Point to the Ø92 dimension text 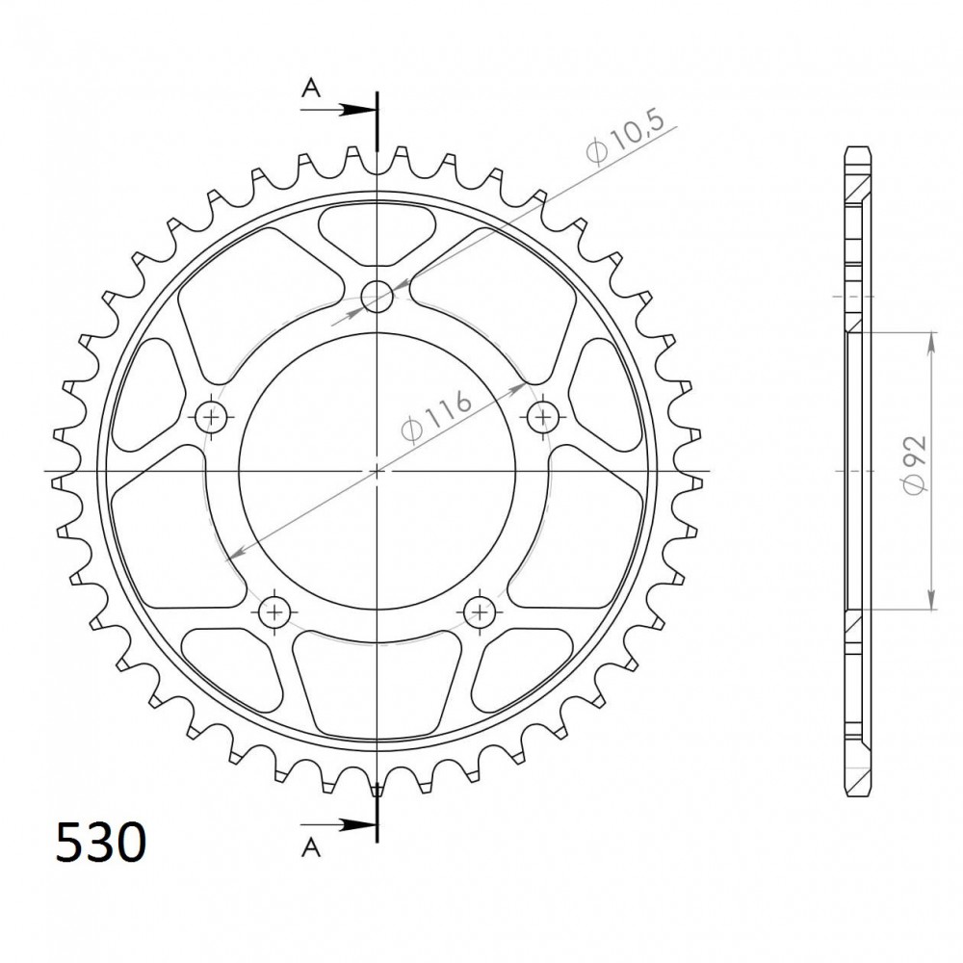click(x=914, y=464)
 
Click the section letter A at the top click(x=311, y=89)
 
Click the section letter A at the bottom click(x=311, y=847)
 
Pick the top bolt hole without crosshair click(x=377, y=297)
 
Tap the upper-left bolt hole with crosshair click(x=211, y=418)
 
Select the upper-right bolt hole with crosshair click(x=543, y=418)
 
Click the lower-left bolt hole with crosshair click(x=274, y=612)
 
